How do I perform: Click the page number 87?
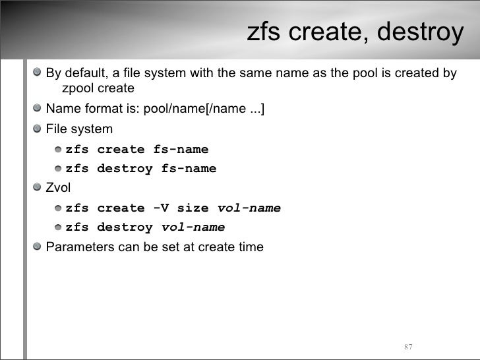point(407,347)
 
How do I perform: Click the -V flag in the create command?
point(160,208)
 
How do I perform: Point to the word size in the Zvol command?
point(193,208)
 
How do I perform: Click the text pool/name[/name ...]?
point(208,109)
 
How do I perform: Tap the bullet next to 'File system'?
point(39,129)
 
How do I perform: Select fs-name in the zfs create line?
point(181,149)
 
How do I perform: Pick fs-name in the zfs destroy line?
point(189,169)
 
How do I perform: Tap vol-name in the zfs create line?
point(249,208)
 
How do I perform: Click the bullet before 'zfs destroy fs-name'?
point(59,169)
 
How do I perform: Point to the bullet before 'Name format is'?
point(39,109)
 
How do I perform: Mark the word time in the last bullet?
point(251,247)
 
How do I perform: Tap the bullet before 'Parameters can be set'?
point(39,247)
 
